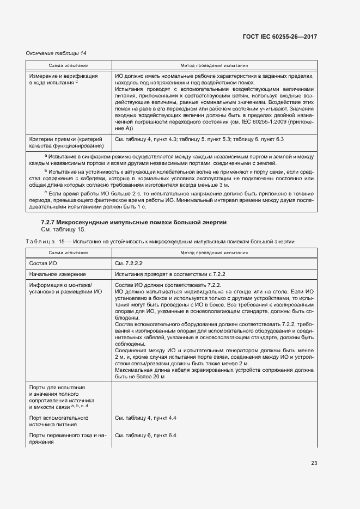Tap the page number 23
coord(314,463)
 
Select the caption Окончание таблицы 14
coord(56,53)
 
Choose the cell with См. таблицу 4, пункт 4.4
coord(147,418)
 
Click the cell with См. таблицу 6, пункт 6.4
coord(147,436)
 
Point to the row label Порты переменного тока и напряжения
coord(66,439)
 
